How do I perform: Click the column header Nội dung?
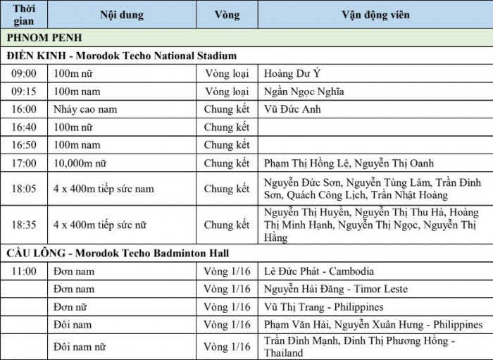(x=121, y=15)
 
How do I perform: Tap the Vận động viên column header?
(x=375, y=15)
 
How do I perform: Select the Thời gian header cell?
(x=24, y=15)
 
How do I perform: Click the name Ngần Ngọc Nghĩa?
(x=304, y=92)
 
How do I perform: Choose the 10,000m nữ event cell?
(x=79, y=164)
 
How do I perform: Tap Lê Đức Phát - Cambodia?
(x=319, y=271)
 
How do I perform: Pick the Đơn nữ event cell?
(x=69, y=307)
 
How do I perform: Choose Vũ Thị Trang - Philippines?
(x=323, y=307)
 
